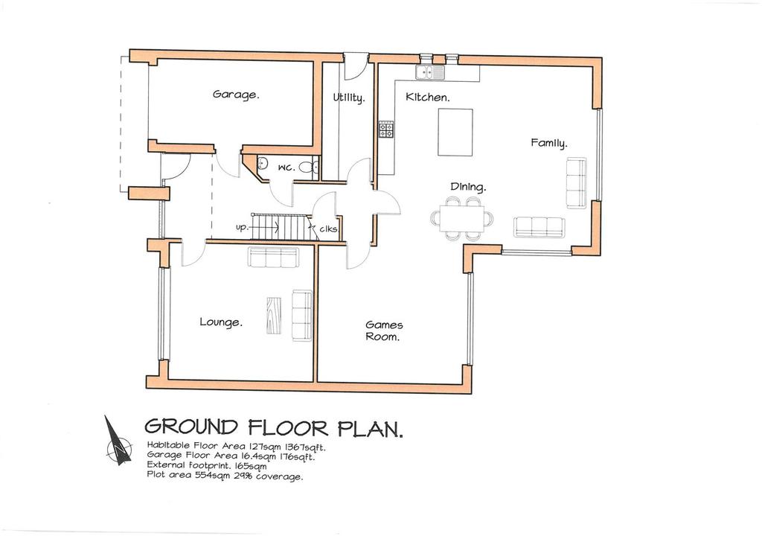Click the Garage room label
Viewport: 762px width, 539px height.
[x=236, y=95]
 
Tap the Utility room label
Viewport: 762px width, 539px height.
[x=348, y=98]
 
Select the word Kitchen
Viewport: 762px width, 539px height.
[x=427, y=98]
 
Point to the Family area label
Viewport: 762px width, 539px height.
[x=548, y=143]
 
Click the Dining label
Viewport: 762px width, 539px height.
[x=468, y=188]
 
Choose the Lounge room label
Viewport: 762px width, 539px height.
[x=221, y=322]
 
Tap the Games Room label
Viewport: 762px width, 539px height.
[x=384, y=331]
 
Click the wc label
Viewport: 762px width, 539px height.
[x=286, y=168]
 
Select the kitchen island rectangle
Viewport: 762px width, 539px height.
[x=456, y=132]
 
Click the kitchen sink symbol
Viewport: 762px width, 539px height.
[x=430, y=72]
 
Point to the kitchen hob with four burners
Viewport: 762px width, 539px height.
[x=387, y=130]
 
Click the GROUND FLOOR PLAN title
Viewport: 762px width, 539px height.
[x=273, y=428]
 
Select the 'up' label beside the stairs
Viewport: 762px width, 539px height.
[x=242, y=227]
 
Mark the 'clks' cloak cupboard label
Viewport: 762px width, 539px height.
[x=328, y=230]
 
